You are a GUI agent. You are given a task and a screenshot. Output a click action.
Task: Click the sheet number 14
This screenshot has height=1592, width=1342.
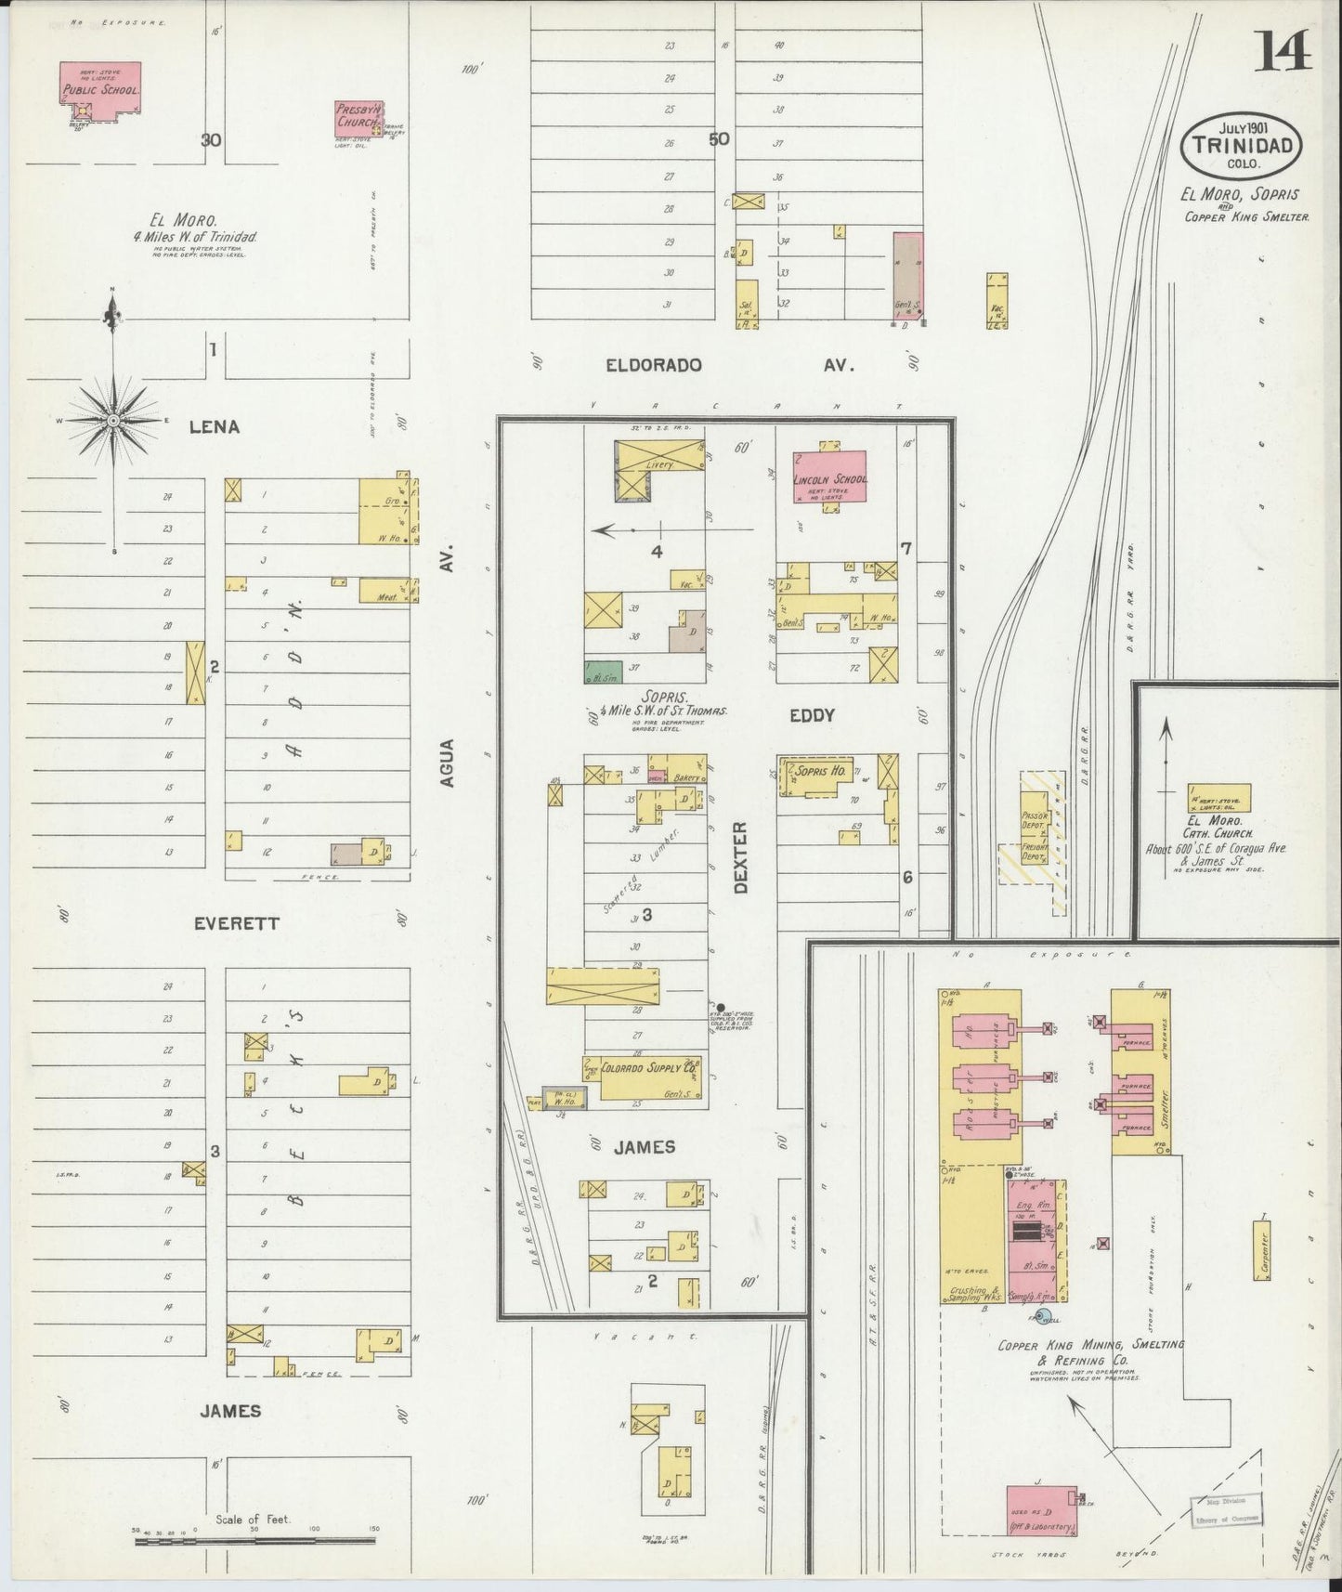click(1284, 51)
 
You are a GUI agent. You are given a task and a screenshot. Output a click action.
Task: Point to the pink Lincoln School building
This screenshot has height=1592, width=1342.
click(829, 476)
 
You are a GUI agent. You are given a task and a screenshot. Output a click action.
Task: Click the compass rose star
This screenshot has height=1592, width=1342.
click(113, 421)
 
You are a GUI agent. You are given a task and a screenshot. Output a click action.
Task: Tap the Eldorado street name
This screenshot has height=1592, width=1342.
click(653, 366)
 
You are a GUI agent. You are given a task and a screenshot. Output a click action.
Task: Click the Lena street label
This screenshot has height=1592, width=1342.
click(215, 427)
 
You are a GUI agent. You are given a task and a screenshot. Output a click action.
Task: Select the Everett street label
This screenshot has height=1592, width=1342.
click(236, 924)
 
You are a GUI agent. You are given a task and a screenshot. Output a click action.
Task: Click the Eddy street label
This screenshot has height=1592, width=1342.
click(812, 715)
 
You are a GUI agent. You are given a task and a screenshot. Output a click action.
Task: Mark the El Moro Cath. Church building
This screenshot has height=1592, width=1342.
click(1218, 798)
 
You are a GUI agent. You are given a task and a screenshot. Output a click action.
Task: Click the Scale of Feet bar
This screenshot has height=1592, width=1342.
click(255, 1541)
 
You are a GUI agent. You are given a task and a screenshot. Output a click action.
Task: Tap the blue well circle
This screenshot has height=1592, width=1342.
click(1041, 1315)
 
